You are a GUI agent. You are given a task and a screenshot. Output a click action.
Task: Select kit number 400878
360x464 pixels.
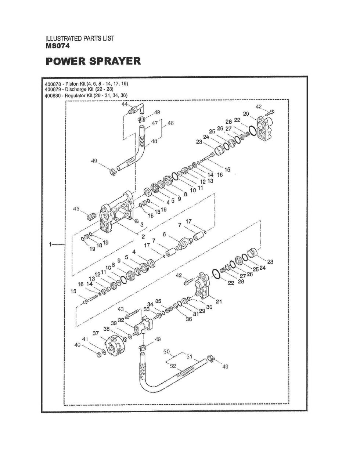click(x=51, y=84)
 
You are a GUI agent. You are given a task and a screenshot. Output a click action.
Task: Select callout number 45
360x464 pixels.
click(x=76, y=209)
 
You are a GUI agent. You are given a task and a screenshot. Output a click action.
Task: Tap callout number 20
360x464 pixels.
click(x=246, y=113)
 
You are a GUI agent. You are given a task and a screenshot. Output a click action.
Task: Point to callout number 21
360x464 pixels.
click(x=219, y=302)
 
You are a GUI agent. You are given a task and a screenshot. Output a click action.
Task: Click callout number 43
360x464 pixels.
click(x=121, y=308)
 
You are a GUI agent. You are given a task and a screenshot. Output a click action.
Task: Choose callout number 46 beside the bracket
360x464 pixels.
click(x=170, y=123)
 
